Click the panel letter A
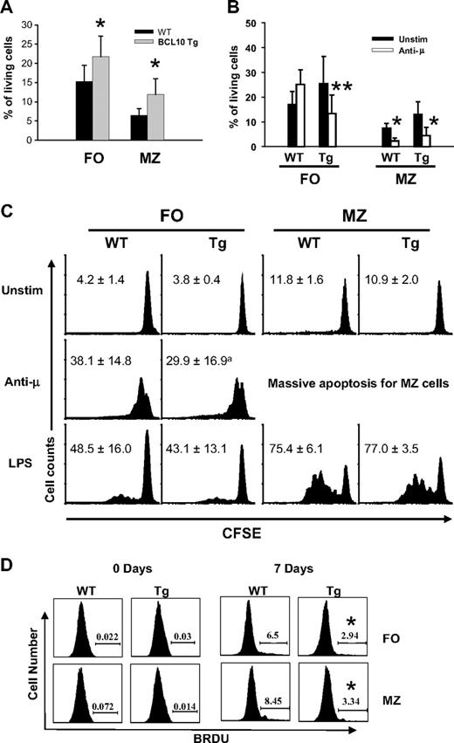click(8, 10)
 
